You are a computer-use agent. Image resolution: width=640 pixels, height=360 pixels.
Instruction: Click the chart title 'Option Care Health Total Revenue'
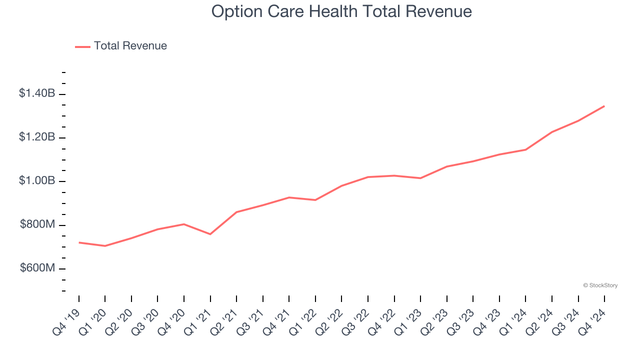tap(341, 11)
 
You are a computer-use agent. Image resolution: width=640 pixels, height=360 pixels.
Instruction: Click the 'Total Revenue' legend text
tap(130, 46)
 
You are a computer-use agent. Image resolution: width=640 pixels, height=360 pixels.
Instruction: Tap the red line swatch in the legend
tap(82, 46)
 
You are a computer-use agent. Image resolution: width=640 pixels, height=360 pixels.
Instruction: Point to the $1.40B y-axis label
tap(37, 93)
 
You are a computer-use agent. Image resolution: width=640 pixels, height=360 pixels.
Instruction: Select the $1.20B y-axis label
tap(37, 137)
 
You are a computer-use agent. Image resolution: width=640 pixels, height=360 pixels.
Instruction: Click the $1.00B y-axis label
tap(37, 180)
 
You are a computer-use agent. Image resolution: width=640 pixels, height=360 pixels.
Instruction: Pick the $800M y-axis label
tap(37, 224)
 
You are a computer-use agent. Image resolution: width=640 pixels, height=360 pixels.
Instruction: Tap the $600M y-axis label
tap(37, 268)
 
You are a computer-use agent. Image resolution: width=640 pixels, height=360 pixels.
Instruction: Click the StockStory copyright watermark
tap(600, 285)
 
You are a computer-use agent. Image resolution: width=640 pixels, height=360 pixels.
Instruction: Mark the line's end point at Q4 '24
tap(604, 106)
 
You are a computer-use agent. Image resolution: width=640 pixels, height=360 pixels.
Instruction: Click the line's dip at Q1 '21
tap(210, 234)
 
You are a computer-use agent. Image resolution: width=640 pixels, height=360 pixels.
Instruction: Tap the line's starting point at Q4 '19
tap(79, 242)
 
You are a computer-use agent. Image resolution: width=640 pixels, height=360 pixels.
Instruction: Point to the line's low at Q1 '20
tap(105, 246)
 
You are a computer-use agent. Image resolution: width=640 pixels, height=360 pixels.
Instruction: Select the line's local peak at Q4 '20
tap(184, 224)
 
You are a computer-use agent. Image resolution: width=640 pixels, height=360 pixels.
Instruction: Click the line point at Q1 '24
tap(525, 149)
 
